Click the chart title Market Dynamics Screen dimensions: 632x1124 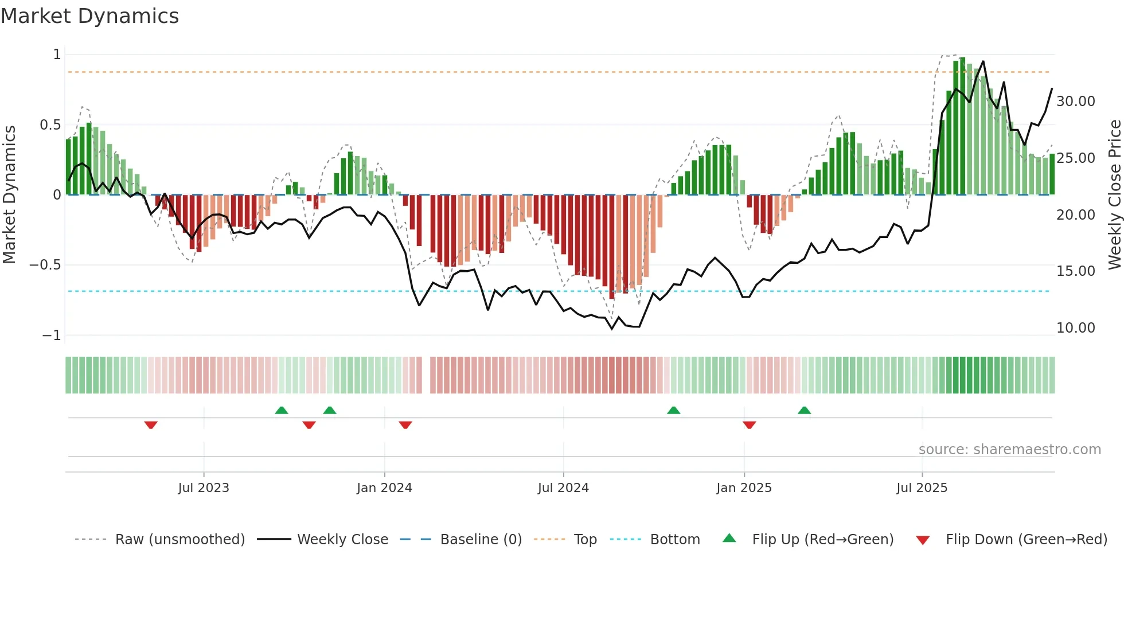click(90, 16)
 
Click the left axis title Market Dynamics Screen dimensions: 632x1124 click(9, 194)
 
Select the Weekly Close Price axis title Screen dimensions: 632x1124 click(1114, 194)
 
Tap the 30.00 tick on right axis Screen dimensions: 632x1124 click(1075, 102)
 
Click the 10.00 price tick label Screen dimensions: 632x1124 click(1075, 328)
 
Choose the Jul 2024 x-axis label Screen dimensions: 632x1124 click(563, 488)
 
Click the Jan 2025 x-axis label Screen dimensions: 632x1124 click(744, 488)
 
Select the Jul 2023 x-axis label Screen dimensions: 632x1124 click(204, 488)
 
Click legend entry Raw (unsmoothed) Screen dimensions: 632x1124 click(179, 540)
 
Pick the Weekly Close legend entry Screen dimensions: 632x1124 click(342, 540)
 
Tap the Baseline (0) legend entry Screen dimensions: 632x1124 click(481, 540)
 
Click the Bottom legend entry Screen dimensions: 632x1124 click(674, 540)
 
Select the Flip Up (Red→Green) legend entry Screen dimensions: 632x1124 click(822, 540)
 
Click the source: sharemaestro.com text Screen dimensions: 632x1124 click(1009, 450)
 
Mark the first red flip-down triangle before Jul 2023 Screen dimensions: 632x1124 click(151, 425)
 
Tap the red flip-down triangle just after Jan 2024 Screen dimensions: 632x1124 click(405, 425)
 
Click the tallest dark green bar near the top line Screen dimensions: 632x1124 click(962, 126)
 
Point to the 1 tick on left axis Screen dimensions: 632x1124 click(57, 54)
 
